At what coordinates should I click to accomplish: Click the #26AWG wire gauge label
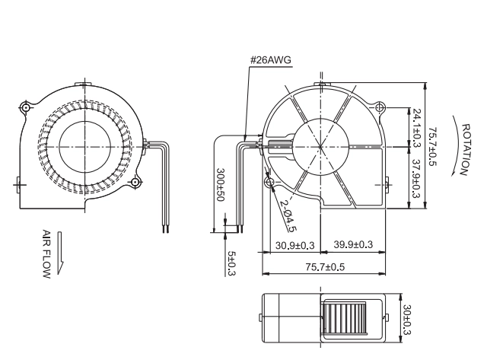(271, 59)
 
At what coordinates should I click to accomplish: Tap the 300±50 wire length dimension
(220, 185)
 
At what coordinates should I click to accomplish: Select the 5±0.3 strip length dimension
(232, 263)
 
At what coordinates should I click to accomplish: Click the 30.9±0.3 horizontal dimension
(294, 245)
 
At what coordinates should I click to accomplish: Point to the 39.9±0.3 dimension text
(353, 244)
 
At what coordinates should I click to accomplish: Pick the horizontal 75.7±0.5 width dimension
(325, 267)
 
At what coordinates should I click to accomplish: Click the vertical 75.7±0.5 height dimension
(433, 146)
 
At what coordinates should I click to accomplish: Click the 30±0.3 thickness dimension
(407, 320)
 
